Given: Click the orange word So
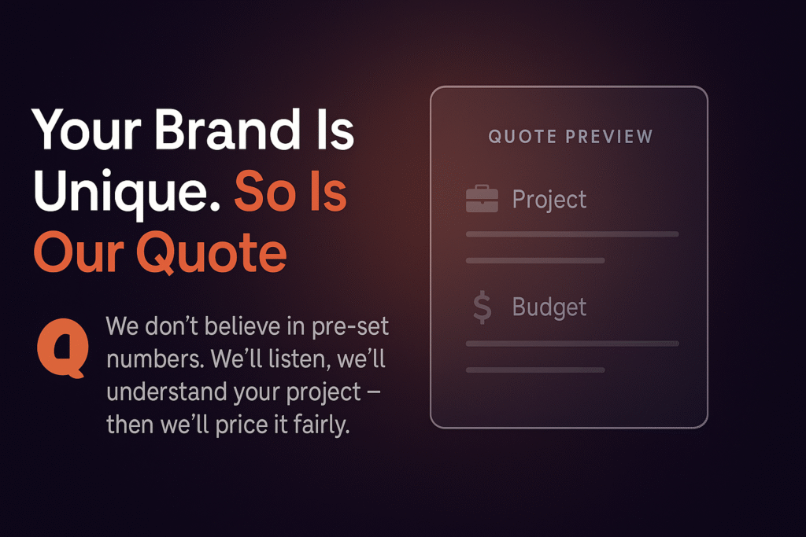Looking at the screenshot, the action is coord(268,192).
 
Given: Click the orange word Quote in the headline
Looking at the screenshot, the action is coord(211,253).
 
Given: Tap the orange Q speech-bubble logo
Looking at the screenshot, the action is coord(63,348).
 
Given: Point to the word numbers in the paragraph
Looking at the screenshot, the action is coord(154,359).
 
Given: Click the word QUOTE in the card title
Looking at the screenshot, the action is coord(523,137).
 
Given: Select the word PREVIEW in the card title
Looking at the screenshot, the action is coord(609,137).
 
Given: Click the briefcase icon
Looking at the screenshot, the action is coord(482,198).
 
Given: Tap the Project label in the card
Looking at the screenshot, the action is coord(549,199).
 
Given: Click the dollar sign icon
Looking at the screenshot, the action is coord(482,307).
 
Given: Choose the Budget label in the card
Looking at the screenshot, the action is coord(549,307).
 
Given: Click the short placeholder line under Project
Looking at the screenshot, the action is coord(535,261).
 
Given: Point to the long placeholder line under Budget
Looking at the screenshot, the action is coord(572,344).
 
